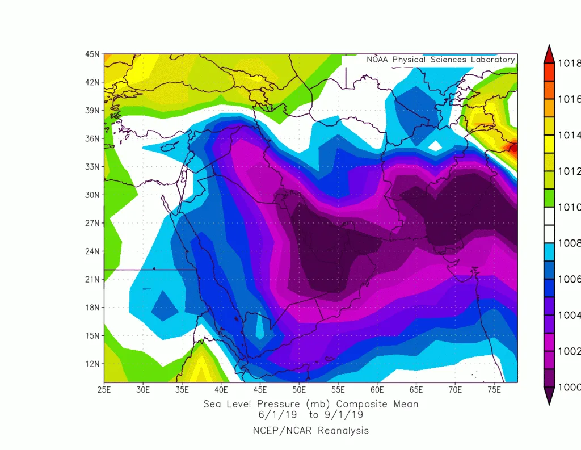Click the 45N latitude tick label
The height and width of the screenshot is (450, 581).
coord(92,54)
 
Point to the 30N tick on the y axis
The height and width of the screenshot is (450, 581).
coord(92,195)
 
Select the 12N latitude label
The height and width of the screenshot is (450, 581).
coord(92,364)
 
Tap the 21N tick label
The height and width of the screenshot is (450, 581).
coord(92,280)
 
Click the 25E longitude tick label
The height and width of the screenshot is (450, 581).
coord(104,390)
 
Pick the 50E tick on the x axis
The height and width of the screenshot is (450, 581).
coord(299,390)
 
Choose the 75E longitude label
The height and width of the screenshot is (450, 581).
coord(494,390)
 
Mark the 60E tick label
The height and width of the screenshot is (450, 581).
coord(377,390)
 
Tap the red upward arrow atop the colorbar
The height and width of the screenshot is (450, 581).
coord(549,54)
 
